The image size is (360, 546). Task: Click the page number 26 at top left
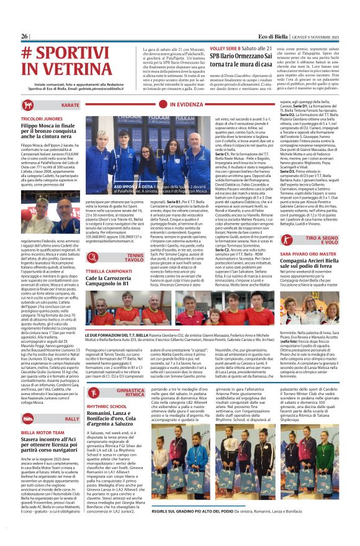25,37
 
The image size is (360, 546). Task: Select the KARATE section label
71,106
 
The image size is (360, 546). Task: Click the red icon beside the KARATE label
88,106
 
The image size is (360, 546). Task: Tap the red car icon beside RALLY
88,402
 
